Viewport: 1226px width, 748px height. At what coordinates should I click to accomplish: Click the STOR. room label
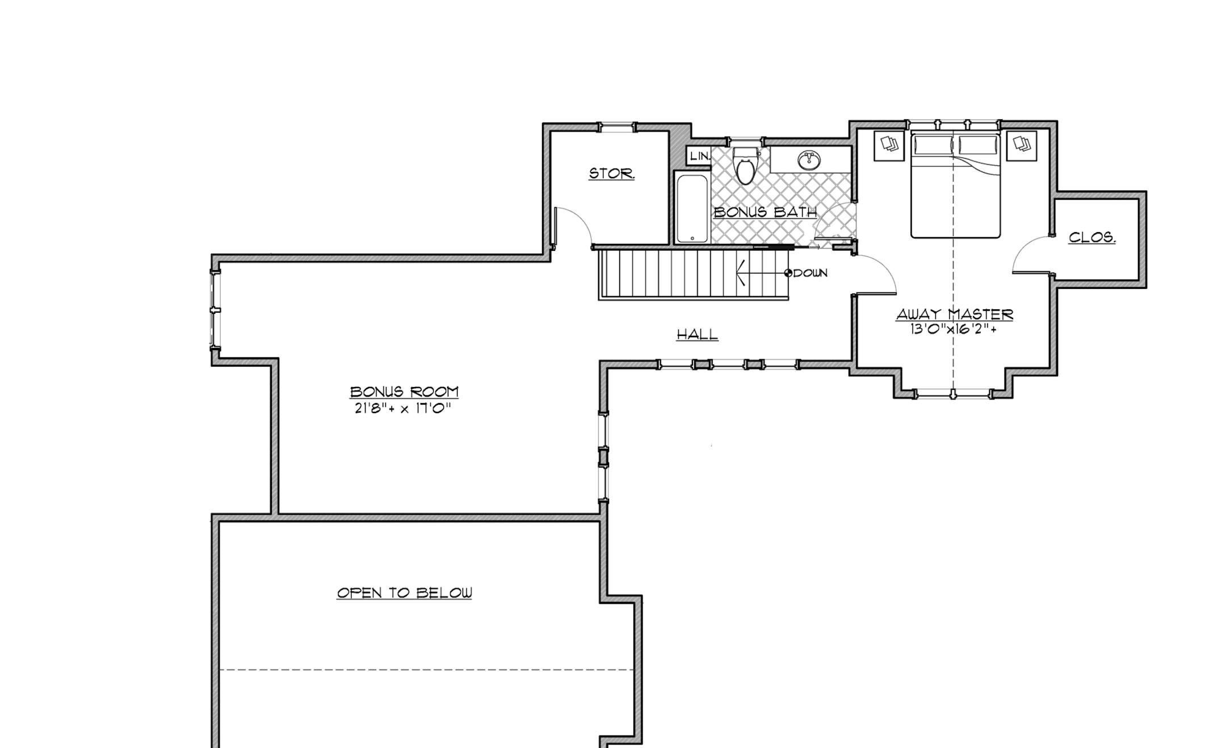[611, 174]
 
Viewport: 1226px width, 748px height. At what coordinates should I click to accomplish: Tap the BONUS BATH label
[765, 212]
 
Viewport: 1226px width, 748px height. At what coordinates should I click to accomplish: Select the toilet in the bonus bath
[745, 166]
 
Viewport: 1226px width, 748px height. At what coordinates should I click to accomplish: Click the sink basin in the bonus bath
[808, 161]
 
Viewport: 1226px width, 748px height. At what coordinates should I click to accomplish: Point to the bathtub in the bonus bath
[692, 208]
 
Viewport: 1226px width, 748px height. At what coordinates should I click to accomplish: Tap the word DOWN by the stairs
[811, 273]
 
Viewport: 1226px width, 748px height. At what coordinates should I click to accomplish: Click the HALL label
[697, 334]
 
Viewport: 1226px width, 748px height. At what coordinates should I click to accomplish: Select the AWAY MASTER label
[955, 314]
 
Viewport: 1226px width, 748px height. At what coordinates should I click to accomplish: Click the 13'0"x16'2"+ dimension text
[954, 329]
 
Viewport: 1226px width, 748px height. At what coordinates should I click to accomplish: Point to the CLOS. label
[1092, 237]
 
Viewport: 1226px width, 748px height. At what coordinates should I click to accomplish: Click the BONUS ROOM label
[404, 392]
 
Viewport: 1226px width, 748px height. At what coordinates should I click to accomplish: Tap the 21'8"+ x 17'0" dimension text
[403, 408]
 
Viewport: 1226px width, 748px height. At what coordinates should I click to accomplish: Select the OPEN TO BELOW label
[404, 593]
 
